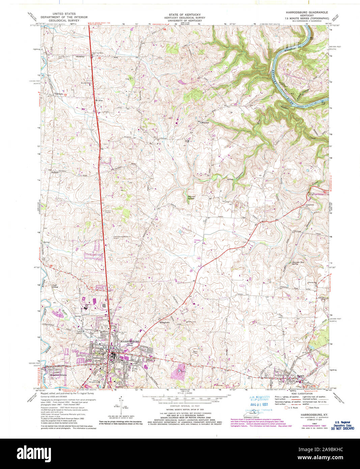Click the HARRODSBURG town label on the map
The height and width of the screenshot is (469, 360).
point(130,341)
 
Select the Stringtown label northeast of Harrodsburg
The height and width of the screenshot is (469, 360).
point(164,322)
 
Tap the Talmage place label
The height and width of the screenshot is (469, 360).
point(56,94)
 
